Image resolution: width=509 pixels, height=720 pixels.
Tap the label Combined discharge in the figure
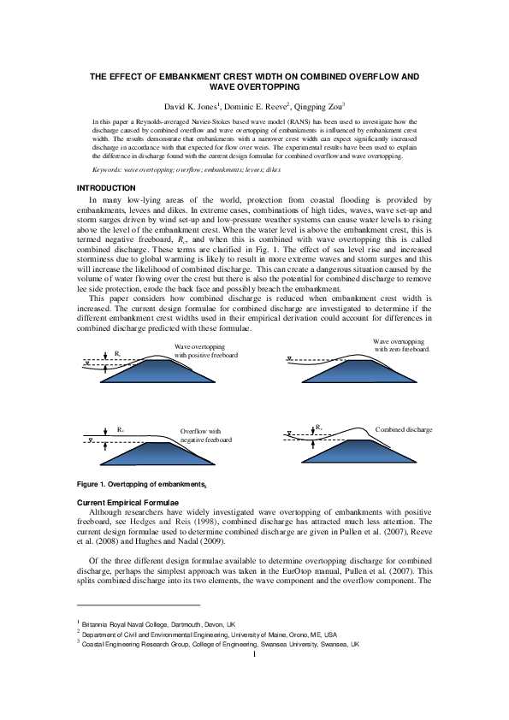404,429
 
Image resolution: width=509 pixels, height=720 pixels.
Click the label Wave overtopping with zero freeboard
401,345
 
